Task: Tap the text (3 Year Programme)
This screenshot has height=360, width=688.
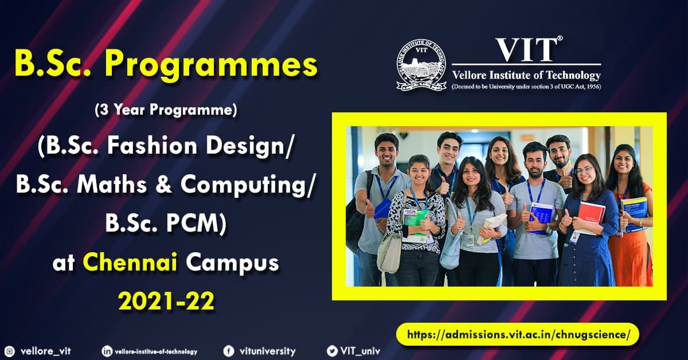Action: [x=166, y=110]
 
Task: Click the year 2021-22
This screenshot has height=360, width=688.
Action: [x=166, y=301]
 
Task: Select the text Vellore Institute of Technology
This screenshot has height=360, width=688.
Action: [x=526, y=75]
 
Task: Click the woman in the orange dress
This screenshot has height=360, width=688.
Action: [x=631, y=224]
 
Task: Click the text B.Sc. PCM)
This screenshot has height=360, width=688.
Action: [x=166, y=225]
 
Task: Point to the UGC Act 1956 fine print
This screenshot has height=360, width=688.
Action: [x=526, y=87]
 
